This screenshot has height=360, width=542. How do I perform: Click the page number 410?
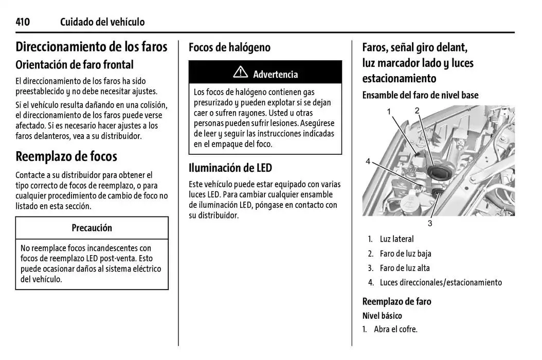pos(23,22)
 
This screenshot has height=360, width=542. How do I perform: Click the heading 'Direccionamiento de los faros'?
pos(92,47)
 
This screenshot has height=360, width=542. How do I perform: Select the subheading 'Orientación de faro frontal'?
pos(75,65)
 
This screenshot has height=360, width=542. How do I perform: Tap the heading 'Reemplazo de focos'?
pos(66,156)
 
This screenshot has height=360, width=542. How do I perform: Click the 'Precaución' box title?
pos(92,228)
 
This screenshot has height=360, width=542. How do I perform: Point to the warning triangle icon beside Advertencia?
pos(240,73)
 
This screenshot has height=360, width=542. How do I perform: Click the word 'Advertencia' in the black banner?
pos(275,74)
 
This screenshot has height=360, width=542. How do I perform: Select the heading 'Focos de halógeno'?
pos(229,47)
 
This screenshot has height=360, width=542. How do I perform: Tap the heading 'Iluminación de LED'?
pos(230,168)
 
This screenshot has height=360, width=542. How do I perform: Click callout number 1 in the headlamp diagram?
pos(389,112)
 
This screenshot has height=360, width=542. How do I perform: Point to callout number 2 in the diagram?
pos(417,110)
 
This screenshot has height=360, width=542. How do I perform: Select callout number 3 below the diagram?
pos(430,223)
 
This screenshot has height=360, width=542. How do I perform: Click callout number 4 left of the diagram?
pos(368,161)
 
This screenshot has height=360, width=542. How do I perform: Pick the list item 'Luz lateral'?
pos(396,239)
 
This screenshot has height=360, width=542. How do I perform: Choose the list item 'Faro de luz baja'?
pos(405,254)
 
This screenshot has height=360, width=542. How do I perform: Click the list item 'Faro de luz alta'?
pos(405,268)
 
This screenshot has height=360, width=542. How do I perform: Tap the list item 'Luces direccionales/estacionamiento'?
pos(441,282)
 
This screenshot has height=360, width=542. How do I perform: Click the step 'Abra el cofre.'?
pos(395,329)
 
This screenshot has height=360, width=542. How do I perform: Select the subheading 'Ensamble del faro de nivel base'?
pos(420,95)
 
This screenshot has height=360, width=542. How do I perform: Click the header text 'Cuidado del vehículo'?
pos(102,22)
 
